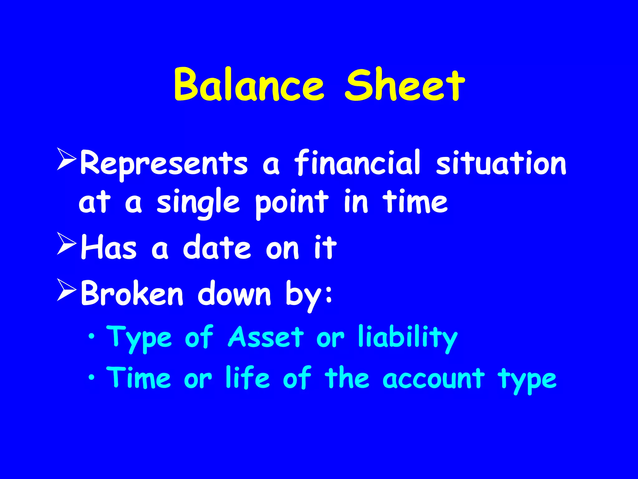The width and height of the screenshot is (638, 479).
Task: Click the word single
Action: point(198,203)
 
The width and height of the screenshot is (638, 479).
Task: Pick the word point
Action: point(292,203)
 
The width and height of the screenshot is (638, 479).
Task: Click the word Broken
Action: point(132,293)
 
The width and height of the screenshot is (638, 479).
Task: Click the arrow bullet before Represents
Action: point(66,159)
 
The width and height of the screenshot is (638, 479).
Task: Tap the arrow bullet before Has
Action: point(66,244)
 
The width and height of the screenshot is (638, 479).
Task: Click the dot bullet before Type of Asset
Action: point(91,336)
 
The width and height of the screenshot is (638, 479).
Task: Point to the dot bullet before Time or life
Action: point(91,378)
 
